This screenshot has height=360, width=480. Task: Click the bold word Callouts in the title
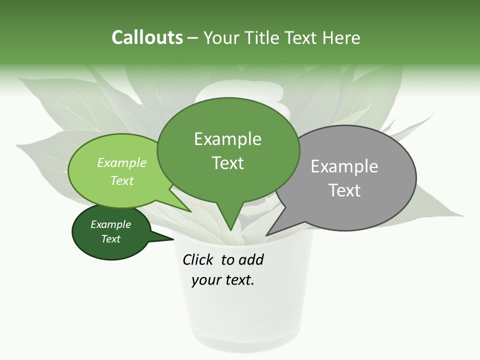[147, 37]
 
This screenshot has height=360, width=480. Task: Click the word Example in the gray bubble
[344, 166]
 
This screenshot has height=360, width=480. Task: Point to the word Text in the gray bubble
[344, 190]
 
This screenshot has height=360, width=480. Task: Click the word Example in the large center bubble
[227, 139]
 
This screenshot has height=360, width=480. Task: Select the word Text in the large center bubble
[227, 163]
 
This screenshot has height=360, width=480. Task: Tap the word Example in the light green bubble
[121, 163]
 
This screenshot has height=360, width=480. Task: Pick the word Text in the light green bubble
[121, 180]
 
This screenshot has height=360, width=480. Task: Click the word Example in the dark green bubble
[110, 224]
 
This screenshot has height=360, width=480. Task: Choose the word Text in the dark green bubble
[110, 239]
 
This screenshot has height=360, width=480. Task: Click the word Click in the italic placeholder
[199, 259]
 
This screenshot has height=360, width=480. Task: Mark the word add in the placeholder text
[250, 259]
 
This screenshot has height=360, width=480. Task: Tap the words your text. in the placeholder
[223, 280]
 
